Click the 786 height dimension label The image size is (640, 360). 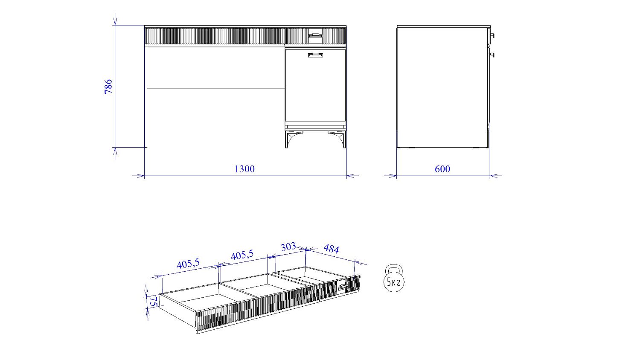pyautogui.click(x=108, y=87)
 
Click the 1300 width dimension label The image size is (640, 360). pyautogui.click(x=244, y=169)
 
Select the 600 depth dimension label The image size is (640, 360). pyautogui.click(x=442, y=169)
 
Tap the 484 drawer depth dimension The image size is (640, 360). pyautogui.click(x=332, y=249)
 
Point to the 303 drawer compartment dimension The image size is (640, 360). pyautogui.click(x=288, y=247)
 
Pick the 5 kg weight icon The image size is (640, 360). pyautogui.click(x=394, y=278)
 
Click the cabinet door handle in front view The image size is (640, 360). pyautogui.click(x=315, y=55)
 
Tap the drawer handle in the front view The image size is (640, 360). pyautogui.click(x=315, y=35)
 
